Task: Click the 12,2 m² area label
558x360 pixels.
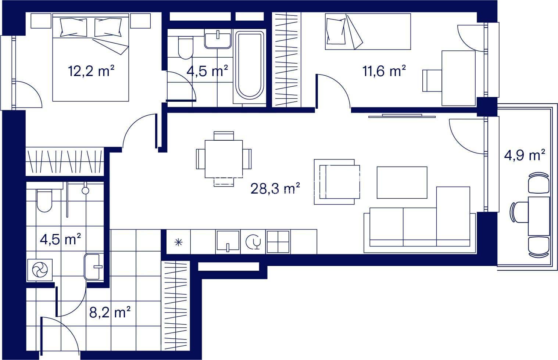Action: click(91, 71)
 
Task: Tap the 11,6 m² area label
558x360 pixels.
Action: click(384, 71)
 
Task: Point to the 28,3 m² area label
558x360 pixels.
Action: click(275, 188)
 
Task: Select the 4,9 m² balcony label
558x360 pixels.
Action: click(525, 155)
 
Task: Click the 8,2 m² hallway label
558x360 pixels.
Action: click(110, 312)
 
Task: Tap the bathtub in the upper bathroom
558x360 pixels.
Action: click(250, 65)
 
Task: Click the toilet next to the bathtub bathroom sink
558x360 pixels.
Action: click(186, 48)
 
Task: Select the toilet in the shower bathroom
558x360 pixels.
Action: click(44, 201)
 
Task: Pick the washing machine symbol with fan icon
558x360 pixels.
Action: click(40, 270)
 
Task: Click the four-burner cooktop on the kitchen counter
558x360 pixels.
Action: click(278, 242)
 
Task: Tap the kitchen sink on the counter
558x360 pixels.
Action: click(228, 241)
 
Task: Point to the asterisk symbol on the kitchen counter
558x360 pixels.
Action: click(179, 242)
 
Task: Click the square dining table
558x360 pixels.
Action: click(224, 159)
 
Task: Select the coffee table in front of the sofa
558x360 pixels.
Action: click(402, 183)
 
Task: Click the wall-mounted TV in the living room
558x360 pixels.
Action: click(402, 116)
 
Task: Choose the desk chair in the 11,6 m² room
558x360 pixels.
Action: click(432, 80)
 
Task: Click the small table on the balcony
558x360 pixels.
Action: click(539, 216)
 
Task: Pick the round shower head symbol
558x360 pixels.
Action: click(85, 190)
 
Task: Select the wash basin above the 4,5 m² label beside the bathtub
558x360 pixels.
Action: click(218, 40)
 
